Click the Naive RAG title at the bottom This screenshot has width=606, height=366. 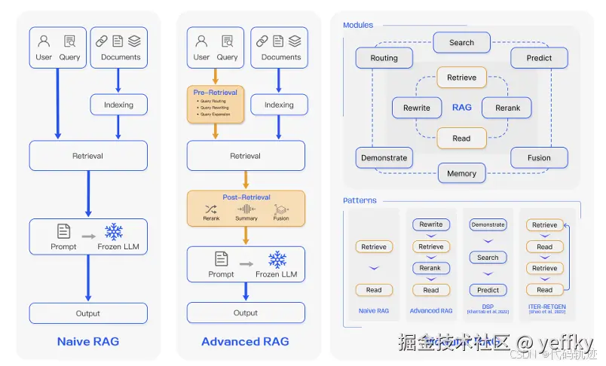pyautogui.click(x=88, y=341)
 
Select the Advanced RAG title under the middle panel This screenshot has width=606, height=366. pyautogui.click(x=246, y=341)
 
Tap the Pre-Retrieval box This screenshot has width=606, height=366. pyautogui.click(x=216, y=105)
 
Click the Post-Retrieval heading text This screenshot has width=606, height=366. pyautogui.click(x=246, y=197)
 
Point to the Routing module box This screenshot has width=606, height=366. pyautogui.click(x=384, y=58)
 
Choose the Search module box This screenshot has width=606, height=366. pyautogui.click(x=461, y=43)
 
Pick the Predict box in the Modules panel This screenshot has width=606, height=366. pyautogui.click(x=539, y=58)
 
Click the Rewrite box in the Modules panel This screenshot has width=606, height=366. pyautogui.click(x=416, y=108)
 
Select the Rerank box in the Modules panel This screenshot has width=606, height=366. pyautogui.click(x=507, y=108)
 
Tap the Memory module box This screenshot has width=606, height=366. pyautogui.click(x=461, y=173)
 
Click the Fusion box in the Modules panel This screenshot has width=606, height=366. pyautogui.click(x=539, y=158)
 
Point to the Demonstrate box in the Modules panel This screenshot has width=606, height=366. pyautogui.click(x=384, y=158)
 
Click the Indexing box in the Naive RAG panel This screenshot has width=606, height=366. pyautogui.click(x=118, y=105)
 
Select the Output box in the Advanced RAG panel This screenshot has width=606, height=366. pyautogui.click(x=246, y=313)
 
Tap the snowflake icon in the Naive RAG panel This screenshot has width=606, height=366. pyautogui.click(x=114, y=231)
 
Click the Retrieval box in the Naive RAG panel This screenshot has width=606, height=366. pyautogui.click(x=88, y=156)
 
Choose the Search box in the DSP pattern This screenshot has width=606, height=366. pyautogui.click(x=488, y=258)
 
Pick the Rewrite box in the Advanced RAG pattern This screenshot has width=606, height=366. pyautogui.click(x=431, y=224)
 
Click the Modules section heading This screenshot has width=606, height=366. pyautogui.click(x=358, y=25)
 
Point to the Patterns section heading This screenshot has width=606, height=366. pyautogui.click(x=360, y=200)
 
